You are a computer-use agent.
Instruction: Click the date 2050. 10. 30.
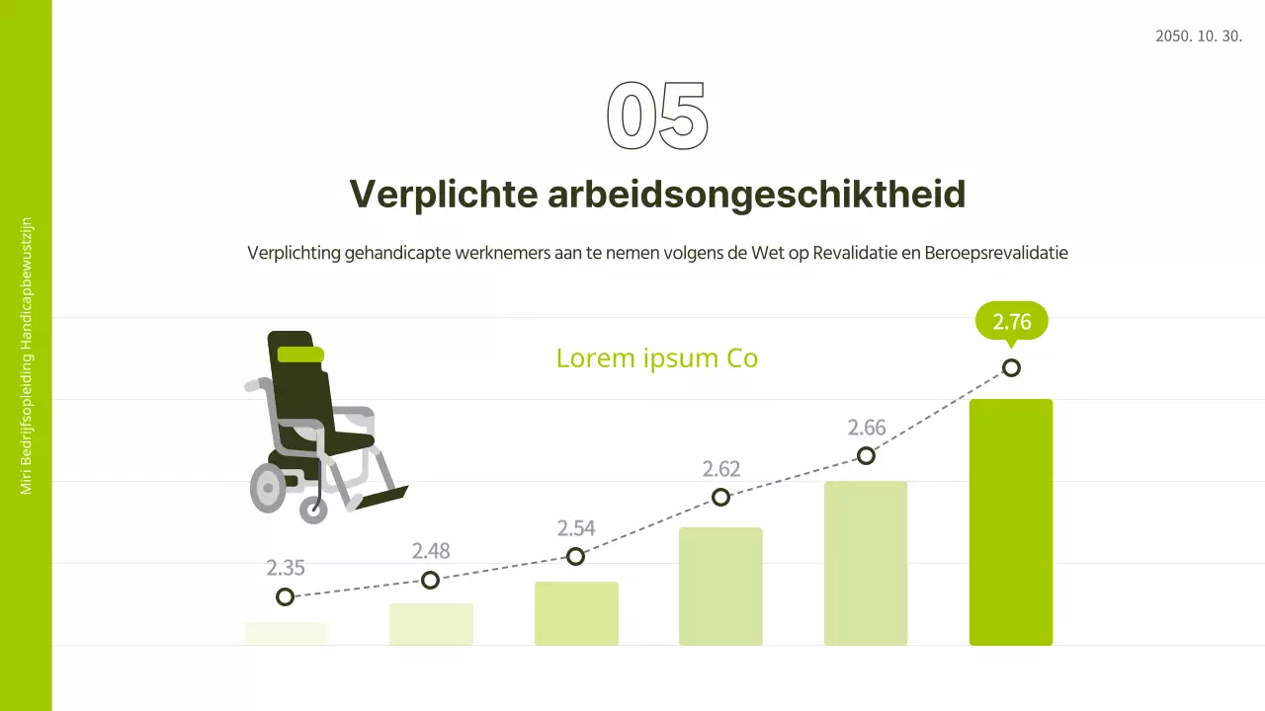point(1198,37)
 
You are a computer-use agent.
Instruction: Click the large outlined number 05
point(657,117)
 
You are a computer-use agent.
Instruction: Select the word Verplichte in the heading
point(442,195)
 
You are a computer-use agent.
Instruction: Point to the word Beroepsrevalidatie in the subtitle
point(996,253)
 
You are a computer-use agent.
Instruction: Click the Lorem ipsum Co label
point(656,357)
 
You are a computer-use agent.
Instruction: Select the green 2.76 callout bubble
point(1011,322)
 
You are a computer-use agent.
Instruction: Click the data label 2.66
point(867,428)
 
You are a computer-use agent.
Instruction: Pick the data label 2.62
point(721,469)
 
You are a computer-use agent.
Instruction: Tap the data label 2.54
point(576,528)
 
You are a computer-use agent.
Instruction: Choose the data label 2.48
point(431,551)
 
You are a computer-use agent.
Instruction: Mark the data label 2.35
point(286,568)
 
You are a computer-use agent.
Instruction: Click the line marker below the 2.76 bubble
point(1011,368)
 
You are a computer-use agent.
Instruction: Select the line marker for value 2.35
point(286,596)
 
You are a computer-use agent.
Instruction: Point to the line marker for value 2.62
point(721,497)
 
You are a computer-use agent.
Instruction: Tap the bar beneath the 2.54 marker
point(576,613)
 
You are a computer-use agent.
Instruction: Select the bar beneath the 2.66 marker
point(866,563)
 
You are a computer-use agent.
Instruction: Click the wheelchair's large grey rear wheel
point(268,487)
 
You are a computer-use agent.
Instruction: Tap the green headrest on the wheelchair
point(300,355)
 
